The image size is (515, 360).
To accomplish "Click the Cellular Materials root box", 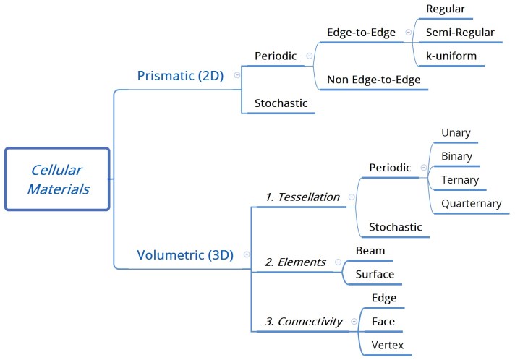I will point(56,179).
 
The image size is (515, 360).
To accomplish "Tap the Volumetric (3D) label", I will point(185,254).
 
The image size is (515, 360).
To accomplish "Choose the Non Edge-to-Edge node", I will point(374,80).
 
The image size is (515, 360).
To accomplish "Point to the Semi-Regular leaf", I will point(460,33).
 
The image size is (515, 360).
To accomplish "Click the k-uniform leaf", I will point(451,55).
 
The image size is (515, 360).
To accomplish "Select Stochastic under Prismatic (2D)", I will point(281,103).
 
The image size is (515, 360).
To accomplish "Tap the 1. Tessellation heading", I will point(302,196).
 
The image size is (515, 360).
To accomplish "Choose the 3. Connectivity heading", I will point(303,321).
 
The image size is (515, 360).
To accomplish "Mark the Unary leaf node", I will point(456,132).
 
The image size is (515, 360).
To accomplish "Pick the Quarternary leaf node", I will point(471,203).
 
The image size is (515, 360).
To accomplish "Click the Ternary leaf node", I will point(459,179).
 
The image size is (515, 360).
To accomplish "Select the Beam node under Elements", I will point(370,250).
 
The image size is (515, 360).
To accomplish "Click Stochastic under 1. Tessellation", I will point(395,227).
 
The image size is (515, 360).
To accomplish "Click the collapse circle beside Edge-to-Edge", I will point(409,33).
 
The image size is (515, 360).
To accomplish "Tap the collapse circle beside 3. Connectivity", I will point(353,321).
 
